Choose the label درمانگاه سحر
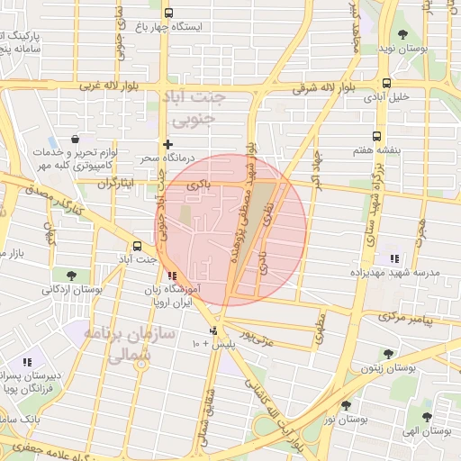tap(161, 158)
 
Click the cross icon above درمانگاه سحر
tap(167, 143)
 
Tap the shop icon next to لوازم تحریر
tap(74, 141)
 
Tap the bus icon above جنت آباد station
tap(137, 245)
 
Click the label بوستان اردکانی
tap(69, 290)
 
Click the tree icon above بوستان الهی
tap(427, 417)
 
